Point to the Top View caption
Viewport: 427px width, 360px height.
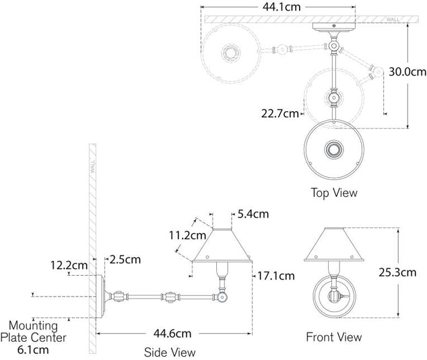tap(333, 193)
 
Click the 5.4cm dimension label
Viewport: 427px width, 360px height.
tap(253, 214)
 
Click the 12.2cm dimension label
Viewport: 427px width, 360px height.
tap(70, 265)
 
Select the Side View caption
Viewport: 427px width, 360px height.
tap(170, 352)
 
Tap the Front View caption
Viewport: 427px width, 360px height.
tap(333, 336)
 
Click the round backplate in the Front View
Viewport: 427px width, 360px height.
tap(333, 295)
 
